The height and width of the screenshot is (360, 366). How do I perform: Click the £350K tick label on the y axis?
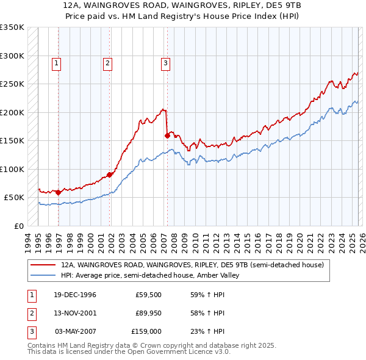pyautogui.click(x=12, y=27)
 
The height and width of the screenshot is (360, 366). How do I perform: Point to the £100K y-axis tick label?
pyautogui.click(x=12, y=169)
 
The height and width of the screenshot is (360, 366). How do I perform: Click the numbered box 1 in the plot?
pyautogui.click(x=56, y=62)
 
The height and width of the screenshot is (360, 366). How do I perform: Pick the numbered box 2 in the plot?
pyautogui.click(x=107, y=62)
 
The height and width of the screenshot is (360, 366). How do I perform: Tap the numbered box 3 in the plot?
pyautogui.click(x=165, y=62)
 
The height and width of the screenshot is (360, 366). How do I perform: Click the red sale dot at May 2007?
pyautogui.click(x=167, y=135)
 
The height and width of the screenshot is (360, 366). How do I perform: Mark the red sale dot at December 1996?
pyautogui.click(x=59, y=192)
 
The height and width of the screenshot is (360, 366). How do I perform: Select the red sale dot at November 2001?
pyautogui.click(x=110, y=175)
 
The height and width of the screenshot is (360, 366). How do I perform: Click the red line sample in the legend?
pyautogui.click(x=44, y=265)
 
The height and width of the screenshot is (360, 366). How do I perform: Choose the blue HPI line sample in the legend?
pyautogui.click(x=44, y=275)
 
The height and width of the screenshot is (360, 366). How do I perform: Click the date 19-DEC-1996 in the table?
pyautogui.click(x=74, y=295)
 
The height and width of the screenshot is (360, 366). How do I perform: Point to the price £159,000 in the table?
pyautogui.click(x=146, y=331)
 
